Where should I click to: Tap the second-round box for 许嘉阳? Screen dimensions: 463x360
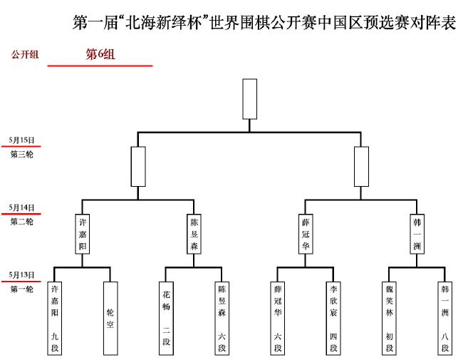83,234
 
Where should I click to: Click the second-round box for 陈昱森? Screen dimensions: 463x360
194,234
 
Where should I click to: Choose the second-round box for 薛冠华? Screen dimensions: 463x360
306,234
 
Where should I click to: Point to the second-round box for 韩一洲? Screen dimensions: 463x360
417,234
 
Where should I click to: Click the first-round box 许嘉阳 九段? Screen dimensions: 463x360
55,319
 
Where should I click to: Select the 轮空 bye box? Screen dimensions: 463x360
110,319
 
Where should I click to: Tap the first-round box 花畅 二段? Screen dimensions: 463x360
166,319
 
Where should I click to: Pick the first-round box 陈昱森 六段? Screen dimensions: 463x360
222,319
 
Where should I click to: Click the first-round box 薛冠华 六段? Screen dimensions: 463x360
278,319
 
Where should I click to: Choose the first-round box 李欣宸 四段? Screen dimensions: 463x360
333,319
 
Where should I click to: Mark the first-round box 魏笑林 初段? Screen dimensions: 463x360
389,319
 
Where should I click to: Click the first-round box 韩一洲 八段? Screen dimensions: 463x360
445,319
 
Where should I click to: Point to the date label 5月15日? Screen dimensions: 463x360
21,140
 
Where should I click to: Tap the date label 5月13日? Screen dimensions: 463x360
21,275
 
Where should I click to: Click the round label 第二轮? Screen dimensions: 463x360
21,222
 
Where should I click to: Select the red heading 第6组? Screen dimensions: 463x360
100,54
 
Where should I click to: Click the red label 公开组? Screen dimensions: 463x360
25,54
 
